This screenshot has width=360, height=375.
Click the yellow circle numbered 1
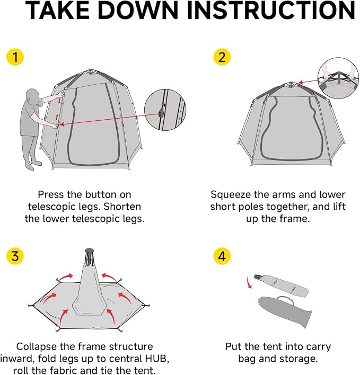tap(15, 57)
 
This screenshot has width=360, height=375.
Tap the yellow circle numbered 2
tap(222, 57)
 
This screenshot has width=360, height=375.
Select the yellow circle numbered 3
tap(15, 256)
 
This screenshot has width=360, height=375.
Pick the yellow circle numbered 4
tap(222, 256)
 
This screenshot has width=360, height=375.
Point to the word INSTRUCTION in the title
tap(271, 11)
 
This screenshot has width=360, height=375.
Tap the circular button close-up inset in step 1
tap(165, 110)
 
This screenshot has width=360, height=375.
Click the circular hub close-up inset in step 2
tap(338, 78)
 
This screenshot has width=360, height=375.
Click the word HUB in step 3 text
tap(157, 359)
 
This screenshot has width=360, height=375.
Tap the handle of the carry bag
tap(285, 300)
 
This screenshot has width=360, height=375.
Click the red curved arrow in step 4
tap(249, 282)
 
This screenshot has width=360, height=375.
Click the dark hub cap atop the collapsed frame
tap(89, 251)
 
